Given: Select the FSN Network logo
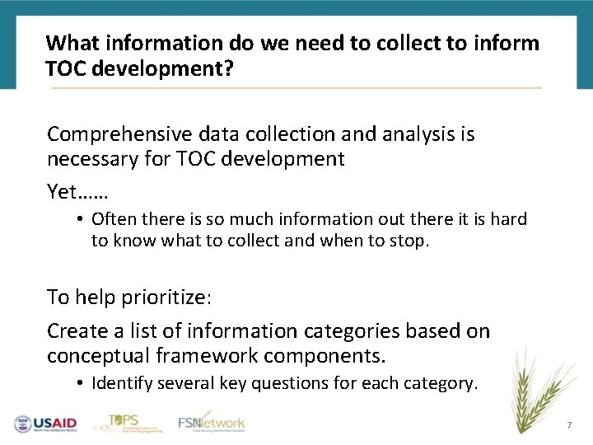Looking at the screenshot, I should (x=212, y=422).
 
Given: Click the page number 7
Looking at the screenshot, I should (x=568, y=425).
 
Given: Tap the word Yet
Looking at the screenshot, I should (x=62, y=192).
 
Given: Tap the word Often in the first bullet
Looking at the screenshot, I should (x=114, y=219).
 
